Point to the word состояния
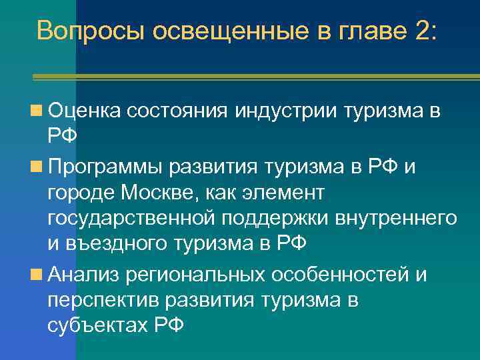[177, 112]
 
